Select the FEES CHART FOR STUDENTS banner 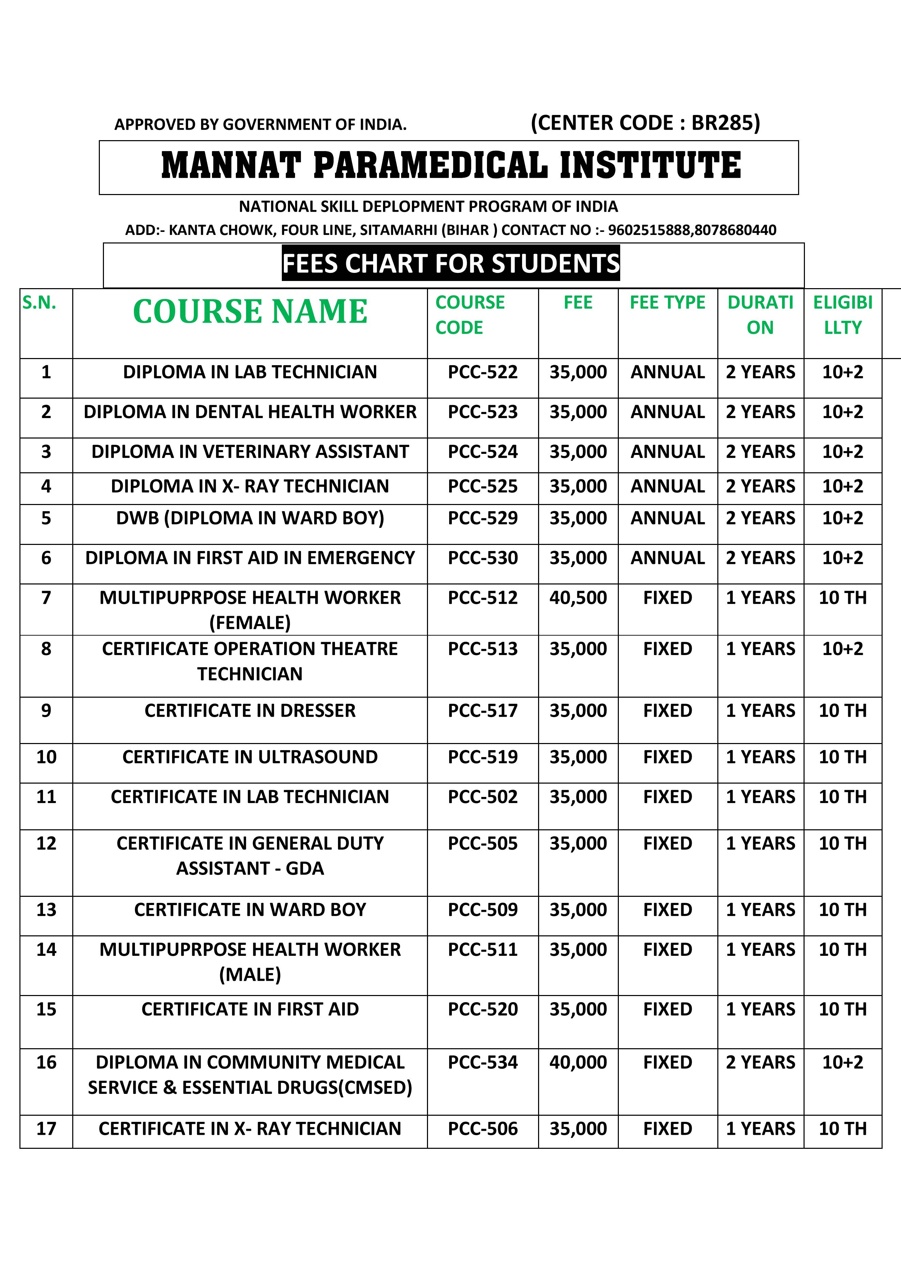(x=450, y=264)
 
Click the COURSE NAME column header (x=250, y=311)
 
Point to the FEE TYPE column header (x=667, y=302)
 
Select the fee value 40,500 (x=578, y=597)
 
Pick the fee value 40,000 (x=578, y=1062)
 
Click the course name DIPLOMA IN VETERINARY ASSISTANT (x=250, y=451)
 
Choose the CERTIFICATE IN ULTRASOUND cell (x=250, y=757)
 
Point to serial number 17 (x=46, y=1129)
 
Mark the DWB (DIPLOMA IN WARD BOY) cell (x=250, y=518)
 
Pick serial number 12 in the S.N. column (x=46, y=843)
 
